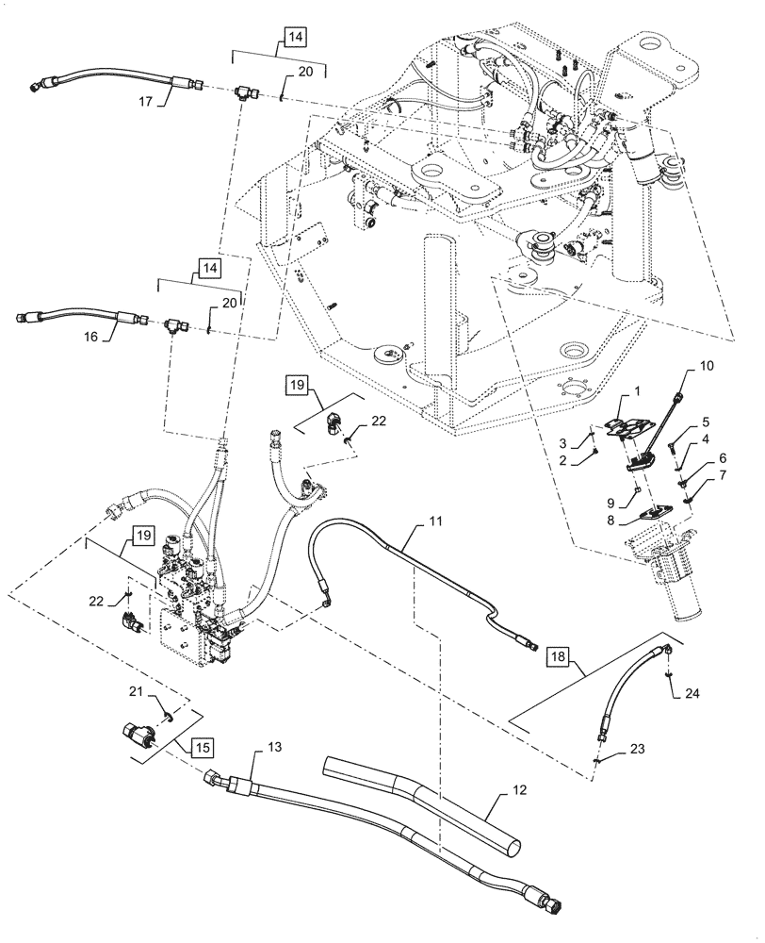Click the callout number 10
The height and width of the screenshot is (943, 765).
pyautogui.click(x=708, y=364)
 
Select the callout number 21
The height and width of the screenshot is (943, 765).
pyautogui.click(x=136, y=692)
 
